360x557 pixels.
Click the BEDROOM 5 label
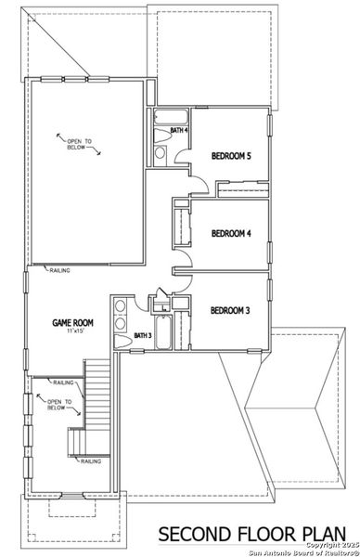tap(231, 156)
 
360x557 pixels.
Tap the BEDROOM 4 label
tap(231, 233)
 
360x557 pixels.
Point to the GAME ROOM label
tap(71, 323)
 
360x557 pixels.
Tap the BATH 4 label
tap(180, 131)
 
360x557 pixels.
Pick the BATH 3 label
tap(143, 335)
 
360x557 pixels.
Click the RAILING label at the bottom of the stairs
tap(90, 461)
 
